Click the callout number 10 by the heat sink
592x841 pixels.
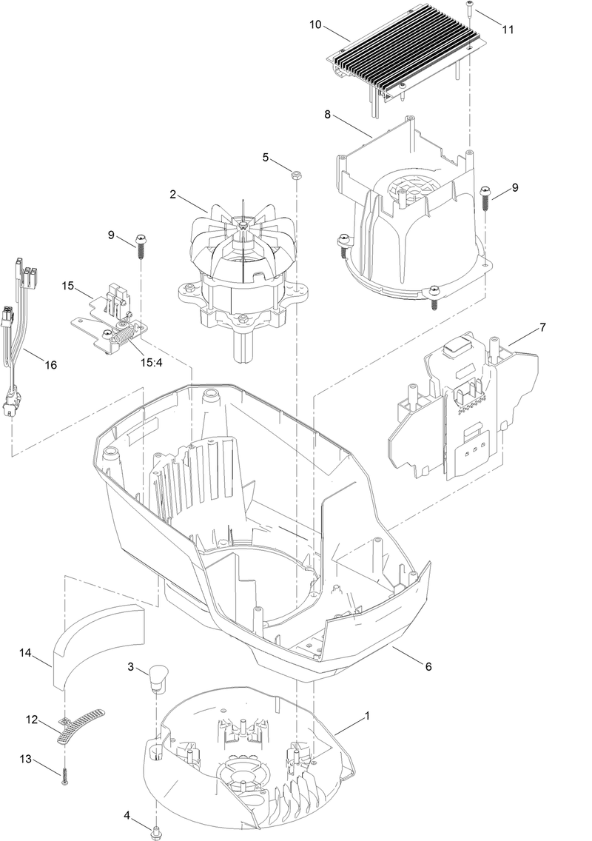(315, 25)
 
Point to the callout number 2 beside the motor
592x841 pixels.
(172, 195)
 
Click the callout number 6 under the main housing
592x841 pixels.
(428, 666)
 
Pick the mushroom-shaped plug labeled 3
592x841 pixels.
(157, 676)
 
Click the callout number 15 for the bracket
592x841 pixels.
(68, 285)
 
